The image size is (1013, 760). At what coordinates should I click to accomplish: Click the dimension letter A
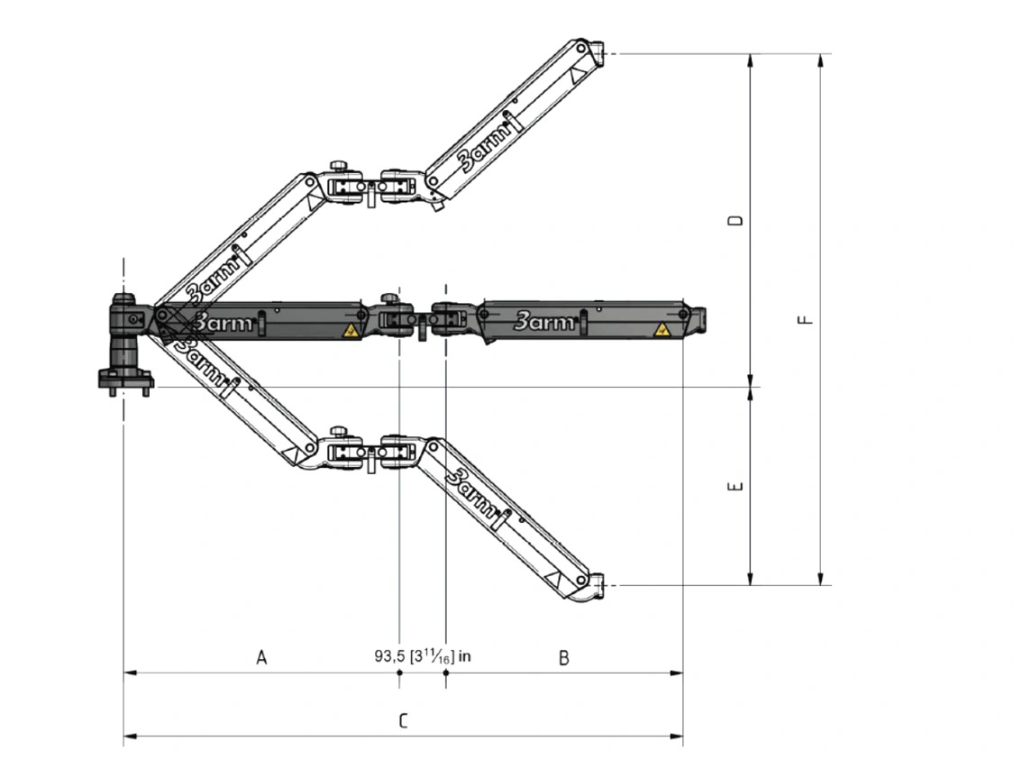coord(261,657)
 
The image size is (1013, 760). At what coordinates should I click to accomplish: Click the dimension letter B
coord(564,658)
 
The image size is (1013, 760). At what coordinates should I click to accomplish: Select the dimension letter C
coord(403,720)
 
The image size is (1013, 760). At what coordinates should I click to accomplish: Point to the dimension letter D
coord(735,220)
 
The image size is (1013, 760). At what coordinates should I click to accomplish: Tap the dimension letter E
coord(735,486)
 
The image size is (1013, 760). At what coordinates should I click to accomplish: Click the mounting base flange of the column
coord(125,380)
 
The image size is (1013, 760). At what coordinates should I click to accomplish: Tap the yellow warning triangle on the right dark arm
coord(661,330)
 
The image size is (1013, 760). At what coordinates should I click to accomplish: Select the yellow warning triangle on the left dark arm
coord(350,331)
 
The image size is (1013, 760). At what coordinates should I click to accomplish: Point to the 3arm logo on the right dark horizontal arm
coord(544,321)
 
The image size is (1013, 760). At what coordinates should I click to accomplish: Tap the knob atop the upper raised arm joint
coord(338,166)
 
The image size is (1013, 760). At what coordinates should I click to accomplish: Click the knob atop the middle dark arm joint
coord(389,298)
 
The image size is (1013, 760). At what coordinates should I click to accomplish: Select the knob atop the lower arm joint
coord(338,432)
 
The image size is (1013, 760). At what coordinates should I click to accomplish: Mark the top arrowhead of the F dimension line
coord(820,60)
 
